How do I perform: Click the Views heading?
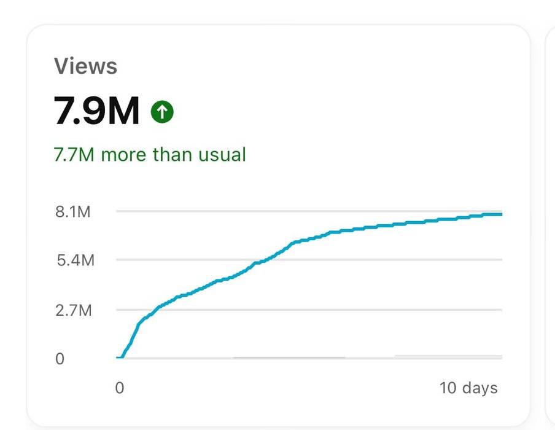click(85, 66)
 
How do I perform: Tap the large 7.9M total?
click(97, 111)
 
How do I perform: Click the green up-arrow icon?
click(162, 112)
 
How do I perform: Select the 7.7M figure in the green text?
click(74, 154)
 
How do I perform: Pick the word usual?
click(222, 154)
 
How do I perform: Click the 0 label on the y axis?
click(60, 359)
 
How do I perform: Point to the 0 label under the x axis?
click(120, 388)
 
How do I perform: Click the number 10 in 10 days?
click(448, 388)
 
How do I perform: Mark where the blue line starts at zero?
click(120, 357)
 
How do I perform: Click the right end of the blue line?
click(501, 214)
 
